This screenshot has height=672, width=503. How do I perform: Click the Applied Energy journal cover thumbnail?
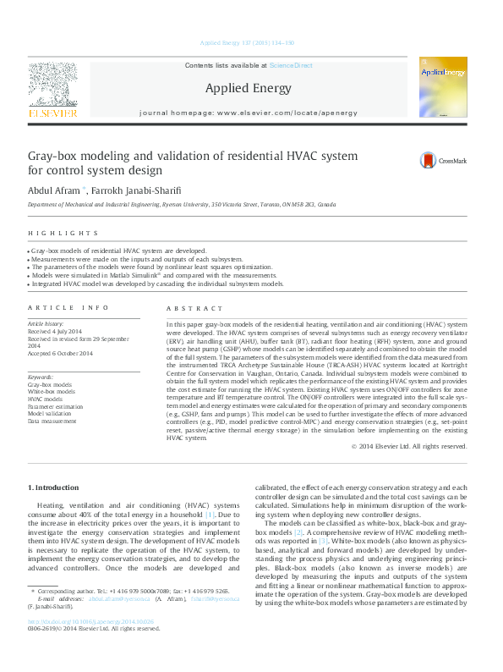click(443, 87)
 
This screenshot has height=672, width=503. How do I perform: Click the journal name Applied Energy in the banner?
click(248, 88)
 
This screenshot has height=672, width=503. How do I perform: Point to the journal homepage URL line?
click(248, 113)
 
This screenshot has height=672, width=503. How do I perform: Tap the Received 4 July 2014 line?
click(56, 331)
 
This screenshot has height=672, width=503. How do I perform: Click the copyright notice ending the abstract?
click(409, 445)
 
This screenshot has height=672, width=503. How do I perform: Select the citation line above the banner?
click(247, 42)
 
